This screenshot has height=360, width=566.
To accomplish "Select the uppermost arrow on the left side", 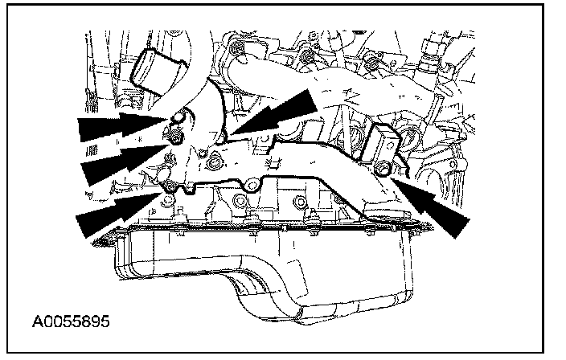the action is (x=121, y=125).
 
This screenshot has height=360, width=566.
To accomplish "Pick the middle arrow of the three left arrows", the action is (x=121, y=158).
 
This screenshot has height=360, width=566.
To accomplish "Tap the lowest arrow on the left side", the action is (x=118, y=209).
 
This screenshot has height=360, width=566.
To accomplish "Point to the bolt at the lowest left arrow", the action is (x=170, y=189).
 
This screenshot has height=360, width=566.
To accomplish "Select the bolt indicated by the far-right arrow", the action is (x=383, y=167).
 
